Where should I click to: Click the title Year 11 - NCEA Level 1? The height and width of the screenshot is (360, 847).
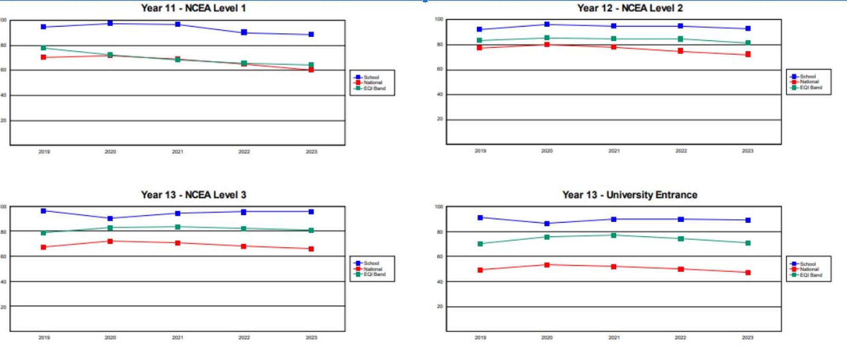(x=193, y=8)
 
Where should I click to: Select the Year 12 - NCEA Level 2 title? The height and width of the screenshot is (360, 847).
(x=630, y=8)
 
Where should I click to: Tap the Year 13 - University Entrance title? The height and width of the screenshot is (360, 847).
(x=630, y=195)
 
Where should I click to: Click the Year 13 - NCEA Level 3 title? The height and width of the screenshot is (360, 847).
(x=193, y=195)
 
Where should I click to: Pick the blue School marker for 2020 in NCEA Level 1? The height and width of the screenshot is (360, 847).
(x=110, y=23)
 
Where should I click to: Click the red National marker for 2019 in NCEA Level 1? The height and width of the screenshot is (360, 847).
(x=43, y=57)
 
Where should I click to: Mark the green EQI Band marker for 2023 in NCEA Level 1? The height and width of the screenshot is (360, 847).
(x=311, y=65)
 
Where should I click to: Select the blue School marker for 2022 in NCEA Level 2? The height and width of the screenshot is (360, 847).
(x=681, y=26)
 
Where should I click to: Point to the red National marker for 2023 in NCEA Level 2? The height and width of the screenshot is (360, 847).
(x=748, y=54)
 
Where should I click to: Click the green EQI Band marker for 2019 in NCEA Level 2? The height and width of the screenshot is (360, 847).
(x=479, y=40)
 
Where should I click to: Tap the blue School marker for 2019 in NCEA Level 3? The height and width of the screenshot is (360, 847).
(x=43, y=210)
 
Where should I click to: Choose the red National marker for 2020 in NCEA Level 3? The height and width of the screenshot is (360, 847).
(x=110, y=241)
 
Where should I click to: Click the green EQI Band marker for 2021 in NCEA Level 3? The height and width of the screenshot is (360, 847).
(x=177, y=227)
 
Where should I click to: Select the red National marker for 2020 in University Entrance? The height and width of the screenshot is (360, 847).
(x=547, y=265)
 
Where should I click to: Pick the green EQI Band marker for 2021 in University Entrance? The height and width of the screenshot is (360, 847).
(x=614, y=235)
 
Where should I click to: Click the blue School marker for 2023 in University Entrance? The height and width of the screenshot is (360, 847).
(x=748, y=220)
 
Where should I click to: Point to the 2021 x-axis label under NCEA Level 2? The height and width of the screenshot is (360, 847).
(x=614, y=151)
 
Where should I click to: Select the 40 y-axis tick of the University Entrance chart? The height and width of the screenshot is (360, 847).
(x=440, y=282)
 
